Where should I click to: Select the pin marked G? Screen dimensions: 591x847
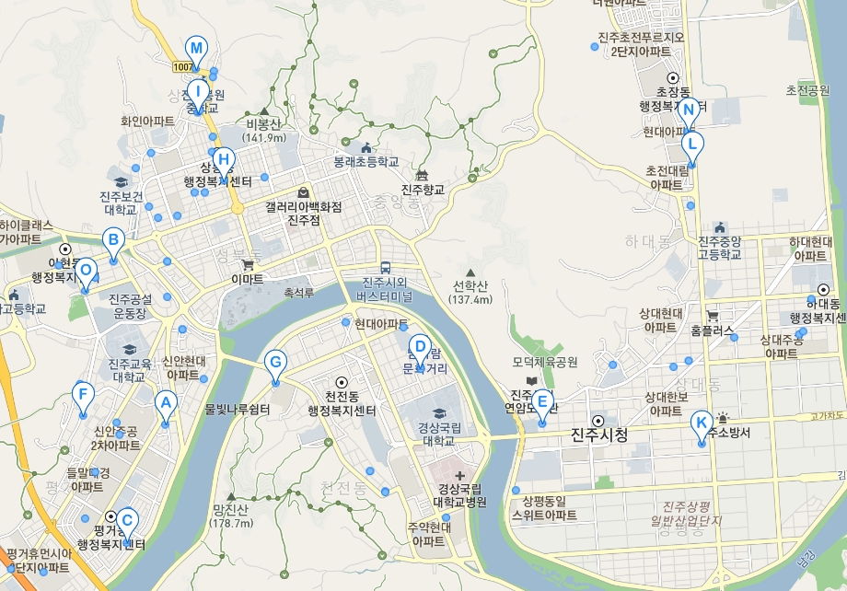[x=274, y=362]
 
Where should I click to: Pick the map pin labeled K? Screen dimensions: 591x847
[x=702, y=423]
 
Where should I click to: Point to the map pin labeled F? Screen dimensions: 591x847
[x=83, y=397]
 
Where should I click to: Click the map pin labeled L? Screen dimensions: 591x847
[x=692, y=145]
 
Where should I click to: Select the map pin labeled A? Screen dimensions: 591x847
[x=166, y=402]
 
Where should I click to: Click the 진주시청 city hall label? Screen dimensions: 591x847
[x=598, y=435]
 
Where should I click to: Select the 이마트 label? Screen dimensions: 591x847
[x=248, y=277]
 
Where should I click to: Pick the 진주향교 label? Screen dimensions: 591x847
[x=423, y=190]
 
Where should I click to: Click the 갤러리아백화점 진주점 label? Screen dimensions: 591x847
[x=303, y=214]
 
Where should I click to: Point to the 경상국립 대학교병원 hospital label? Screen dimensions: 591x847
[x=459, y=495]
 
